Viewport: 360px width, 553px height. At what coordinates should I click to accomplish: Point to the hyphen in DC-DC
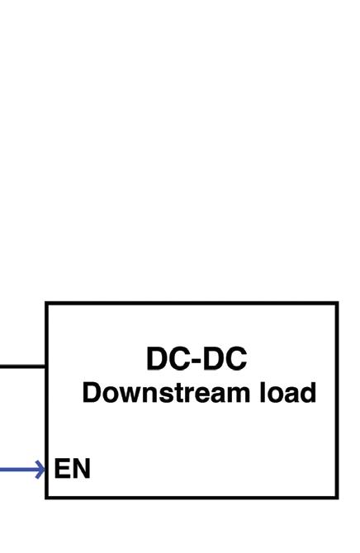(x=197, y=362)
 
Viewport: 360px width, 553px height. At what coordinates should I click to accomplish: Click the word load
(x=287, y=392)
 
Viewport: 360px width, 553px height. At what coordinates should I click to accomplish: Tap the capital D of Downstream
(x=92, y=392)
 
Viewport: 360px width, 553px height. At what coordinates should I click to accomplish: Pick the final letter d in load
(x=308, y=392)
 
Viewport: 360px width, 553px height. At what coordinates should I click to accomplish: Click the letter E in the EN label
(x=61, y=468)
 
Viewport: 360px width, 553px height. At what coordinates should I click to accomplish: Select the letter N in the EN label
(x=81, y=468)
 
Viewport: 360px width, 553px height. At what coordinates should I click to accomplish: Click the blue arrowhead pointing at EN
(x=41, y=470)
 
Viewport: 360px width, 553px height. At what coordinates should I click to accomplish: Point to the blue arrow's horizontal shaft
(x=21, y=470)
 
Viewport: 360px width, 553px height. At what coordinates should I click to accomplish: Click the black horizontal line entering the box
(x=22, y=366)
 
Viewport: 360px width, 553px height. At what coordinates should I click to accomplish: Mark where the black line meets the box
(x=45, y=366)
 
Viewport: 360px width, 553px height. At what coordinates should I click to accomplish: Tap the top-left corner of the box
(x=46, y=303)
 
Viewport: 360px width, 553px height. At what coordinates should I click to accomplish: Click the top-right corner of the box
(x=337, y=303)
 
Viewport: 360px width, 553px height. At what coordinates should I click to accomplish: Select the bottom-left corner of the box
(x=46, y=497)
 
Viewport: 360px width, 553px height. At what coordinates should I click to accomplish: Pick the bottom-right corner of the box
(x=337, y=497)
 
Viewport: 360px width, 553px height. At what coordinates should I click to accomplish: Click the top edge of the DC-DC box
(x=192, y=303)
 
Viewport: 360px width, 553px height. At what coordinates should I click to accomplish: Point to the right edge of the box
(x=337, y=400)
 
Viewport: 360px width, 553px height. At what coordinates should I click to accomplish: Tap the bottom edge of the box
(x=192, y=497)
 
